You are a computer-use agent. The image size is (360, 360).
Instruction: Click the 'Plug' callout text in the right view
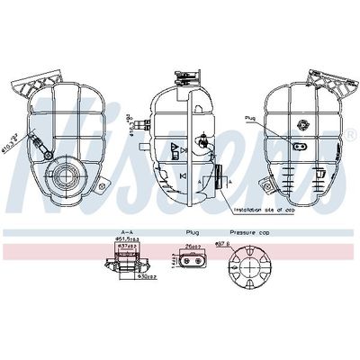click(249, 118)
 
